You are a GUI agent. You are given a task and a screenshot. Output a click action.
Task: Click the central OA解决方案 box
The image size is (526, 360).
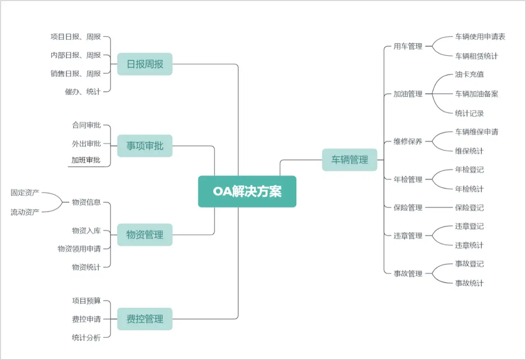247,191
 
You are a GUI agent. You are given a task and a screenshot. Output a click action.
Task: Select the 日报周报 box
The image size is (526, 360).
145,64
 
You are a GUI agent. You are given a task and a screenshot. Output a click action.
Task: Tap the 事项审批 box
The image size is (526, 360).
145,146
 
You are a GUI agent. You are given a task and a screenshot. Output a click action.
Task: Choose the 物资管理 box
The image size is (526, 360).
145,235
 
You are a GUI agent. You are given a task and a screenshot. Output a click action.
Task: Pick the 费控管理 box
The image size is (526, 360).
145,319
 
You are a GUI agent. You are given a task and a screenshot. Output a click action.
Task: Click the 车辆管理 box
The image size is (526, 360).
350,160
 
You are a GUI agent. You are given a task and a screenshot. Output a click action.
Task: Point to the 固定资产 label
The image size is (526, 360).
25,192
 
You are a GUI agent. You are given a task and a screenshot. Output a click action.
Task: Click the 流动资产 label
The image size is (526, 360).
25,212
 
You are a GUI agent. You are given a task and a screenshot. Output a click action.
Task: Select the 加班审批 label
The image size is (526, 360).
86,160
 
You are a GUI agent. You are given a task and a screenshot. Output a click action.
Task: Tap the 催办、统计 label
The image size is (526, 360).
83,91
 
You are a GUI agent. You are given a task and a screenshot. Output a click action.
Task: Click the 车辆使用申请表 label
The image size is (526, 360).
480,37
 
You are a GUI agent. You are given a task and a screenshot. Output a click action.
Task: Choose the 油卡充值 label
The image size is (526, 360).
469,74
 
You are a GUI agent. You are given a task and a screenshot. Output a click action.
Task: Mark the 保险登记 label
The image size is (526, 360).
469,208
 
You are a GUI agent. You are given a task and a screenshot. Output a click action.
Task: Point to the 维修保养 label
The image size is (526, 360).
408,141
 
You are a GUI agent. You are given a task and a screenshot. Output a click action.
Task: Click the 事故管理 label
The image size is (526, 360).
408,273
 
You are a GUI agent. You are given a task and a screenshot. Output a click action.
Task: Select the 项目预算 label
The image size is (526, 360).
86,300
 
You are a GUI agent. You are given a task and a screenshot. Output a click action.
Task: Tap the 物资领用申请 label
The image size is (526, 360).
79,248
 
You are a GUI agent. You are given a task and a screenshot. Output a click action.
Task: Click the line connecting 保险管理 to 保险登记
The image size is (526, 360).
439,208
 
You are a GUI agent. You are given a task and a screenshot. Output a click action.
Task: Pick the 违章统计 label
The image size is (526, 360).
469,245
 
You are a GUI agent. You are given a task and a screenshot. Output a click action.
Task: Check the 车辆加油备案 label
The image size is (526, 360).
477,94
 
